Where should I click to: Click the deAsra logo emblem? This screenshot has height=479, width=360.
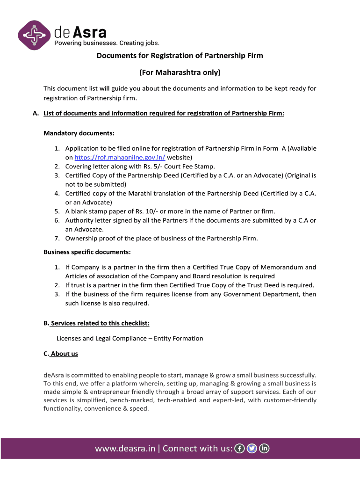[34, 36]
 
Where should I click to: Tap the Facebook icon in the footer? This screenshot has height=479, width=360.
[239, 449]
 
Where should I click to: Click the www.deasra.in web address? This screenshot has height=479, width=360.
[125, 449]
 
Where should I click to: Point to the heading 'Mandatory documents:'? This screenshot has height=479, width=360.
[79, 133]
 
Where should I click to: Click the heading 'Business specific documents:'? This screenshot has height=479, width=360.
[87, 252]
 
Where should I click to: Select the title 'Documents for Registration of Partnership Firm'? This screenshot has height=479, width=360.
[180, 56]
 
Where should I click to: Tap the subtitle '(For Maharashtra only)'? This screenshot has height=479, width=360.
[180, 73]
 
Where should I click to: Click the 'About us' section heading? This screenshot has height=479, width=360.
[64, 354]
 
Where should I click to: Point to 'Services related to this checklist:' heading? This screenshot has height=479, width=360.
[100, 323]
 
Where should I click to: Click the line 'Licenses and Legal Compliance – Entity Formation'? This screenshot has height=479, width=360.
[130, 338]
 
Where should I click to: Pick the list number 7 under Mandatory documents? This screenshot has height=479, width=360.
[57, 238]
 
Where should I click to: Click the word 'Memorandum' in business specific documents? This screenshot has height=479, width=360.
[283, 267]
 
